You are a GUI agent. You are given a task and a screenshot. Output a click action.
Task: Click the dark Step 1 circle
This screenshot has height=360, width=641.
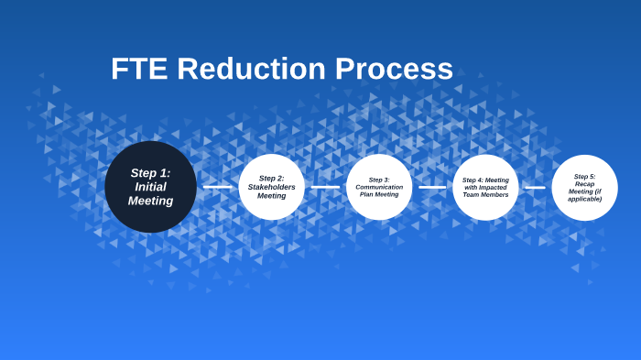[150, 187]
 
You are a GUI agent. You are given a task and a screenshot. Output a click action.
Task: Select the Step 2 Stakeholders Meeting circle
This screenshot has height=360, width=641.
[271, 187]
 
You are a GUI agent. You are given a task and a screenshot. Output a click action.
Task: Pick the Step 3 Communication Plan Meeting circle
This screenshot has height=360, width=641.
[379, 187]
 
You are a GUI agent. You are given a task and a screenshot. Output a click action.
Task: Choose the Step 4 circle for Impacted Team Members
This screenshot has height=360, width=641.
[485, 187]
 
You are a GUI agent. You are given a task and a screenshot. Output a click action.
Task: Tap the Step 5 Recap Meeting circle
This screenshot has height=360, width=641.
[584, 187]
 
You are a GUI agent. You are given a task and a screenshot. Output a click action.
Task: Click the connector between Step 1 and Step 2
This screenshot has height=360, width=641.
[217, 187]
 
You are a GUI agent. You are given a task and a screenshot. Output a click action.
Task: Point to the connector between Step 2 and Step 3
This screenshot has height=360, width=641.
[325, 187]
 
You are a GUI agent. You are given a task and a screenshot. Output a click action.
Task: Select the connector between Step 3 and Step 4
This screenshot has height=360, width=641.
[432, 187]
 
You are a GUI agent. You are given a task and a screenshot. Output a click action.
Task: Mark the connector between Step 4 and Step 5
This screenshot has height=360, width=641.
[535, 187]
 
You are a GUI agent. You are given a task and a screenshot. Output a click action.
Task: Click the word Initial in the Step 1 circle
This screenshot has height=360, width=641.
[150, 187]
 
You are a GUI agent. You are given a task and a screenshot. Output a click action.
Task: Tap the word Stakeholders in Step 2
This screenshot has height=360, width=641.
[271, 187]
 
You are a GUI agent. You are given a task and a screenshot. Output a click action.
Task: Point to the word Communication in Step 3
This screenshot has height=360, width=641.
[379, 187]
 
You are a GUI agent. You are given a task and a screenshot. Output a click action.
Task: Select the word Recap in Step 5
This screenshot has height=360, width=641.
[584, 184]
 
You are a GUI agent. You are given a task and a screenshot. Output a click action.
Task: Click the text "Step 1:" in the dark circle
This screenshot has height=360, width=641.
[150, 172]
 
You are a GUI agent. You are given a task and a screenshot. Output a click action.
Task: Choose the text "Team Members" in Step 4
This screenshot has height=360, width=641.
[485, 195]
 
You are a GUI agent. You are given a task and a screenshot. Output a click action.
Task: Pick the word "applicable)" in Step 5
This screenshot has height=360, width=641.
[584, 199]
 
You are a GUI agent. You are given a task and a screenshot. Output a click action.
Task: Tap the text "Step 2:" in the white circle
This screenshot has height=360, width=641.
[271, 179]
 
